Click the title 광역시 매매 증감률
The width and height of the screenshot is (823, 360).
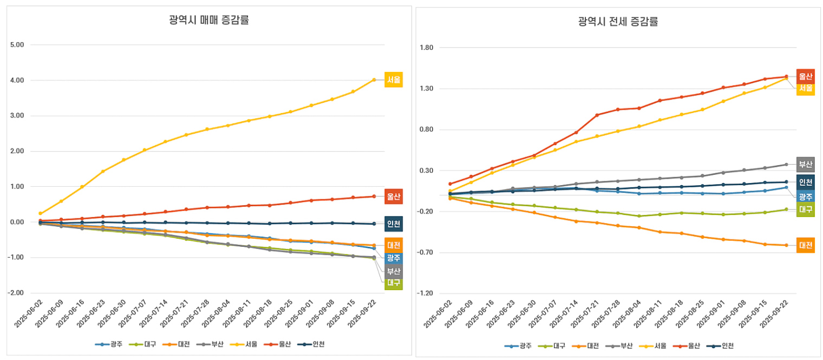[205, 21]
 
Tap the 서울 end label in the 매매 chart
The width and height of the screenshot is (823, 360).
[394, 80]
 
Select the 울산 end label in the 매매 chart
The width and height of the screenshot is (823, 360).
[394, 197]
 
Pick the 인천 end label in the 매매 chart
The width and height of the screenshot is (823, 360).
[394, 224]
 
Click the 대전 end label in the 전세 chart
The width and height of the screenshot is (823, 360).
[806, 245]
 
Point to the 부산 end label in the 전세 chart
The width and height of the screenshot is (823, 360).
[806, 164]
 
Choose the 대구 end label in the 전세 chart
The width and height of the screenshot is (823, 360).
[806, 209]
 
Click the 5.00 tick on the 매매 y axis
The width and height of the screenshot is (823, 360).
[17, 45]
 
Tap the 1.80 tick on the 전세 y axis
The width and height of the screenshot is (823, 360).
[427, 48]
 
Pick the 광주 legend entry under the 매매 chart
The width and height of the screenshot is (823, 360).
[111, 344]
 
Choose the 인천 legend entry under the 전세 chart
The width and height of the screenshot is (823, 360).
[722, 346]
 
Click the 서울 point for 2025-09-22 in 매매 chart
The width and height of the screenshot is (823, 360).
[374, 80]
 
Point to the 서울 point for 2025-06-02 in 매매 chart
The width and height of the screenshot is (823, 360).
[41, 213]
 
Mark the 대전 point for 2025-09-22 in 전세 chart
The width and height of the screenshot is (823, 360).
[786, 245]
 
